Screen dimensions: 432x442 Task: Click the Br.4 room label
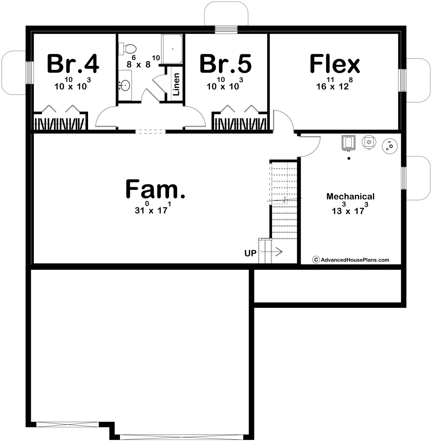(x=73, y=64)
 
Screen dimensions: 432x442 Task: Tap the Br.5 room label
(x=226, y=64)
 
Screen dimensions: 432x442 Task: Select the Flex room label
(x=335, y=64)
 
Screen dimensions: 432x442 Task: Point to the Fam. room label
(x=155, y=189)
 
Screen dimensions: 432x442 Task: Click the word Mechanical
(x=351, y=196)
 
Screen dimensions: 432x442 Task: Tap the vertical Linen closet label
(x=176, y=84)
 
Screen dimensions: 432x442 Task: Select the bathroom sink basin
(x=125, y=86)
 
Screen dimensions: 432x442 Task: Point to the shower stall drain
(x=173, y=49)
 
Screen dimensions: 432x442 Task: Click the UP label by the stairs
(x=250, y=253)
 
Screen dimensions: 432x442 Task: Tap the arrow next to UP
(x=271, y=252)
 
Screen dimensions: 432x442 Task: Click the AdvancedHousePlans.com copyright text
(x=351, y=260)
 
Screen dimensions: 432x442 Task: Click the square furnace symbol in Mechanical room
(x=348, y=143)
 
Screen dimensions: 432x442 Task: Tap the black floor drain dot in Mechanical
(x=349, y=158)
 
